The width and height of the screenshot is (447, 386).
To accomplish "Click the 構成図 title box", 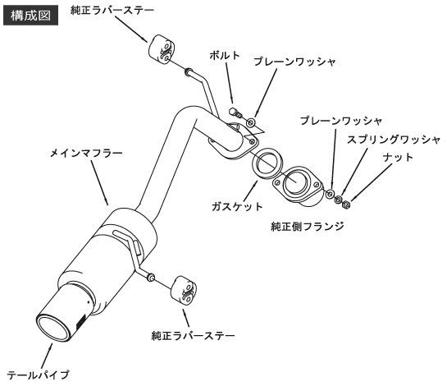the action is click(31, 16).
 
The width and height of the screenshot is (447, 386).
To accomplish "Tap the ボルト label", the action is click(225, 55).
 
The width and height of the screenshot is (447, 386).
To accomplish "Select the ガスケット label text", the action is click(237, 206).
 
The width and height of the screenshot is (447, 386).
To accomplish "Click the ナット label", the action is click(399, 158).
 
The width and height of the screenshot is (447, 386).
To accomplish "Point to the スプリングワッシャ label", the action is click(394, 140).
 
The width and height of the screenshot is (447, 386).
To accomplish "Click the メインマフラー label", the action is click(86, 154).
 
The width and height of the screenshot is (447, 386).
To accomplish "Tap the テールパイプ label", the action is click(39, 375).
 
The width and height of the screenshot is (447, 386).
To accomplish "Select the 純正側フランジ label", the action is click(308, 227).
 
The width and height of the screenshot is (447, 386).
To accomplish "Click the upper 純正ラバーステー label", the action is click(112, 11).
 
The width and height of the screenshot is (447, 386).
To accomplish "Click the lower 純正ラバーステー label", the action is click(194, 335).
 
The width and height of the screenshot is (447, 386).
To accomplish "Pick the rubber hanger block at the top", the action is click(161, 49).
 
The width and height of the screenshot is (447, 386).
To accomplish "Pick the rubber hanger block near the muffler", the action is click(184, 291).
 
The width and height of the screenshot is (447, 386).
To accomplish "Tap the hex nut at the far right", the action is click(346, 204).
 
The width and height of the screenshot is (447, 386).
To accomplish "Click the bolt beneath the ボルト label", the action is click(235, 112).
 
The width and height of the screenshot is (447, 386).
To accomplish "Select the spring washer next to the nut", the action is click(339, 200).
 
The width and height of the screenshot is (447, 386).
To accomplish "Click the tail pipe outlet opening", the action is click(53, 328).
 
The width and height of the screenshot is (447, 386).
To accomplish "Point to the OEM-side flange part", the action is click(298, 186).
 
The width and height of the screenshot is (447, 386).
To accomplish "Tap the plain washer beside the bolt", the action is click(251, 122).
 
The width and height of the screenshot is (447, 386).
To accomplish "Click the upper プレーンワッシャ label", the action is click(295, 62).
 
